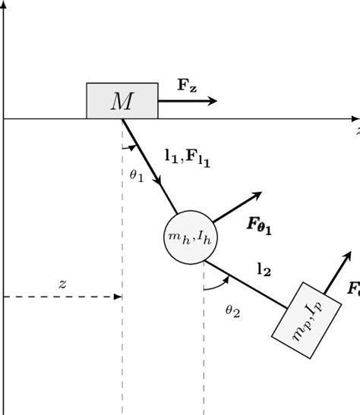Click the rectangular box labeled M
pos(122,101)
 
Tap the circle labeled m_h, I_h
pos(185,237)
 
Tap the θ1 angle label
pos(136,174)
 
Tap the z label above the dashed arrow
pos(62,284)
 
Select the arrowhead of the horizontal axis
pos(355,118)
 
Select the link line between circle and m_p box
pos(247,285)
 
